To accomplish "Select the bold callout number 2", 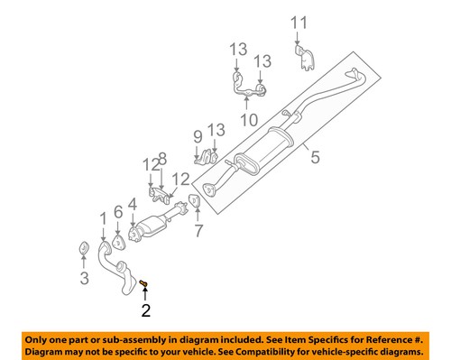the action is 145,313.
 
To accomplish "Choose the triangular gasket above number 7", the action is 193,199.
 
